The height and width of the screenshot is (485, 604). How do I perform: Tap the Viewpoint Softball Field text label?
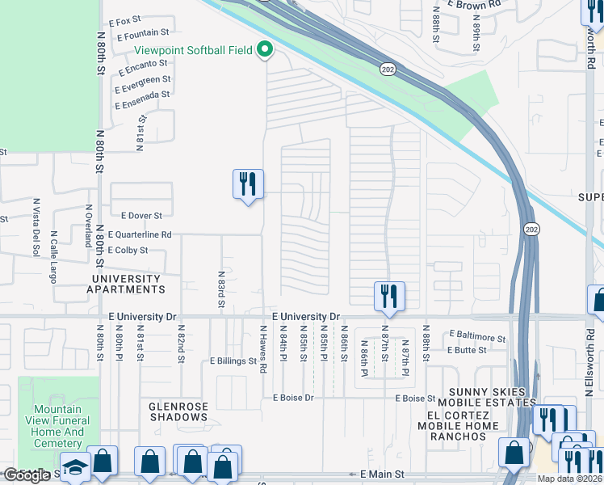coord(194,50)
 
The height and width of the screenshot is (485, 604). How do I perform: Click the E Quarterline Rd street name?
coord(139,234)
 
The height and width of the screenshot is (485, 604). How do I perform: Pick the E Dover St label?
coord(142,216)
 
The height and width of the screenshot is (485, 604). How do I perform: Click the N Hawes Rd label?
coord(263,348)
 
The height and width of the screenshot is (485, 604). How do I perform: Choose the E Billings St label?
coord(233,361)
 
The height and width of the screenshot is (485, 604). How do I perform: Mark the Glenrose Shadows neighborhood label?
coord(178,411)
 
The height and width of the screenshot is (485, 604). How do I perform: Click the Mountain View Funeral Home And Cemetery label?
coord(59,426)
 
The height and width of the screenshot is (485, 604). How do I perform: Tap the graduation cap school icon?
coord(75,468)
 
